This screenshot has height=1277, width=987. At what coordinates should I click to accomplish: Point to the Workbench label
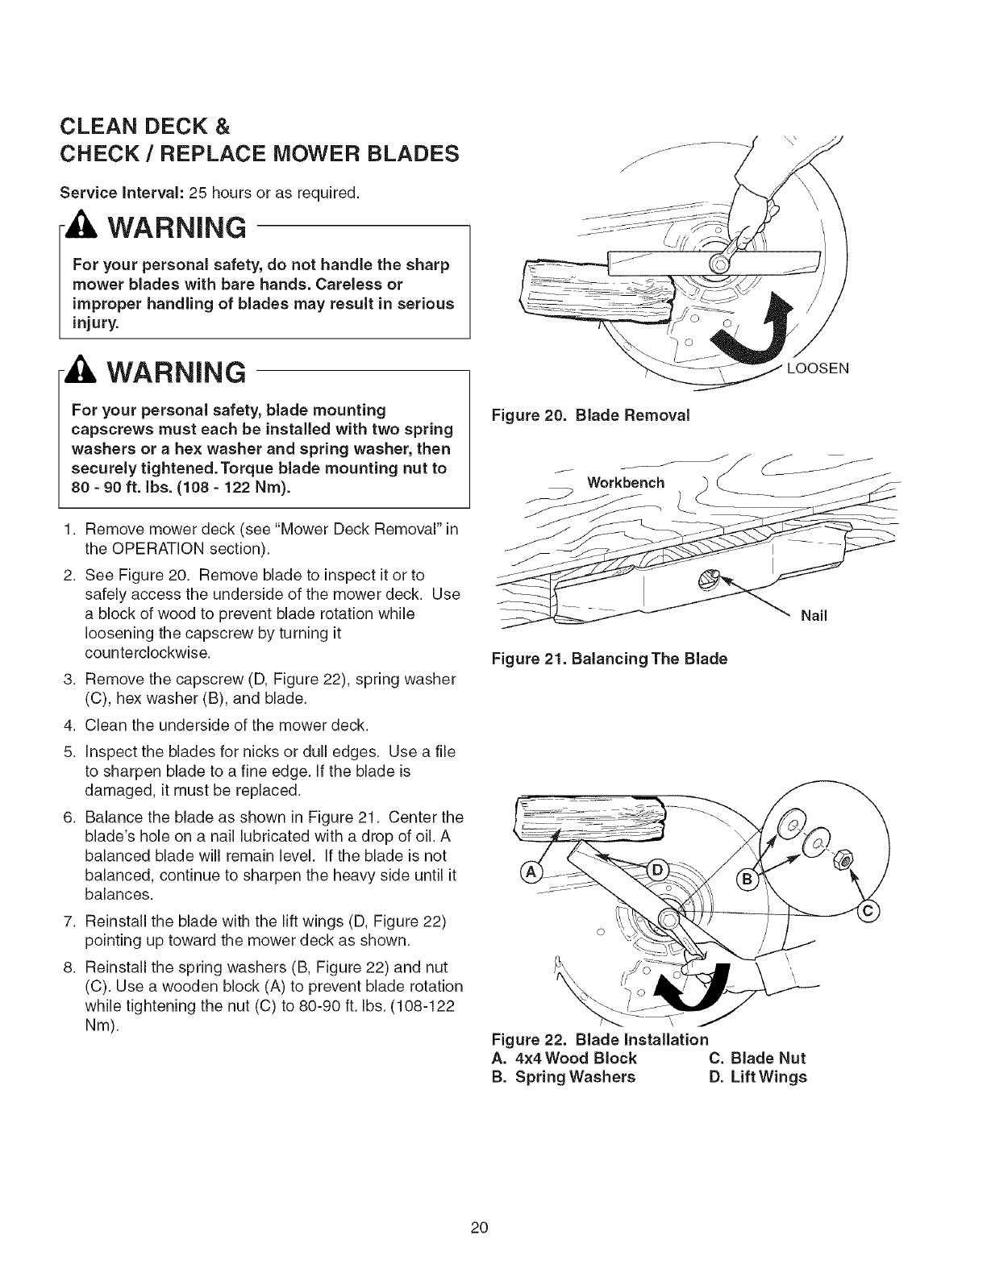[x=626, y=483]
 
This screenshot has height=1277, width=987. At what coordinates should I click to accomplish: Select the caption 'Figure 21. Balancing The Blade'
[x=610, y=659]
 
